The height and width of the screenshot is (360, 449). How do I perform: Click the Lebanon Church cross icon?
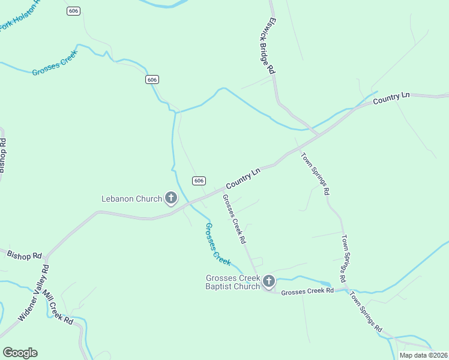coord(171,198)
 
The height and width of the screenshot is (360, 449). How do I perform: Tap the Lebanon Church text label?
coord(131,199)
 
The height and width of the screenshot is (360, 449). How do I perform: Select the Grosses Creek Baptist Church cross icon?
coord(269,281)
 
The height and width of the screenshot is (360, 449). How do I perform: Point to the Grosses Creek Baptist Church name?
coord(233,282)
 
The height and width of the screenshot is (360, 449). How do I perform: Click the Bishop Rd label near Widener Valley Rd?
coord(24,255)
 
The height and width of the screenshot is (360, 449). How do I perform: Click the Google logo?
coord(20,353)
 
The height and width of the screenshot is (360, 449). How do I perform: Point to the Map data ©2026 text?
coord(423,355)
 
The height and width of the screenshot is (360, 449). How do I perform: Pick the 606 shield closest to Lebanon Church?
coord(199,181)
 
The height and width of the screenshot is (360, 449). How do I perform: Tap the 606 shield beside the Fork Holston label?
coord(73,11)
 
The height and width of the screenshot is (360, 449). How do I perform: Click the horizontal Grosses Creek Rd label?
coord(307,292)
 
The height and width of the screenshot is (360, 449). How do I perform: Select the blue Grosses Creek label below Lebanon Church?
coord(217,244)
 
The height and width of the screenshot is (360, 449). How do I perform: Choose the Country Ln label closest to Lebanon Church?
coord(243,179)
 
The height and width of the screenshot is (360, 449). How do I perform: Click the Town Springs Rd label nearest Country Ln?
coord(315,173)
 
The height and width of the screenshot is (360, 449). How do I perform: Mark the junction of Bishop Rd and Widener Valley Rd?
coord(46,259)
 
